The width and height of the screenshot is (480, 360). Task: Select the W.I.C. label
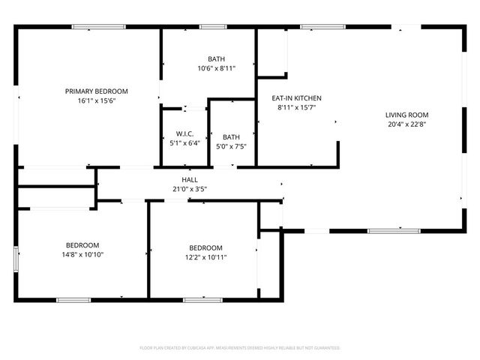(x=184, y=133)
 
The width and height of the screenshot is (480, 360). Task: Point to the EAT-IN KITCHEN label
(x=296, y=97)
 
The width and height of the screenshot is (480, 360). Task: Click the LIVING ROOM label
(x=406, y=115)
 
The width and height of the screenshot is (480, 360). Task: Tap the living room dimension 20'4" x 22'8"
(x=406, y=124)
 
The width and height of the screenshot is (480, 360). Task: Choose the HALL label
(x=189, y=180)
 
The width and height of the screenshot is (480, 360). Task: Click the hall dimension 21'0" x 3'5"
(x=189, y=189)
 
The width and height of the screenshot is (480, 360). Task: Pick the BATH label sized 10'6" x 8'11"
(x=216, y=59)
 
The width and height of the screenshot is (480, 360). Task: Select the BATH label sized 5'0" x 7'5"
(x=231, y=137)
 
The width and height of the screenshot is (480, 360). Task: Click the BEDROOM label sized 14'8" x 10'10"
(x=82, y=245)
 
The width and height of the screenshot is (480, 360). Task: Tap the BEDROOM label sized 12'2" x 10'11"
(x=205, y=248)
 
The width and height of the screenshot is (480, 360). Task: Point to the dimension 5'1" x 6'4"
(x=184, y=142)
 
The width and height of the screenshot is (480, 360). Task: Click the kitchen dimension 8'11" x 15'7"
(x=296, y=107)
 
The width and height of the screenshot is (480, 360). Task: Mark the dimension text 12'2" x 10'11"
(x=205, y=257)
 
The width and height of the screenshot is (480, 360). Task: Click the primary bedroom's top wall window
(x=93, y=28)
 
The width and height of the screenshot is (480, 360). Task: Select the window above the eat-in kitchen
(x=317, y=28)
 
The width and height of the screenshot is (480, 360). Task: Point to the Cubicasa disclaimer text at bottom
(x=240, y=348)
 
